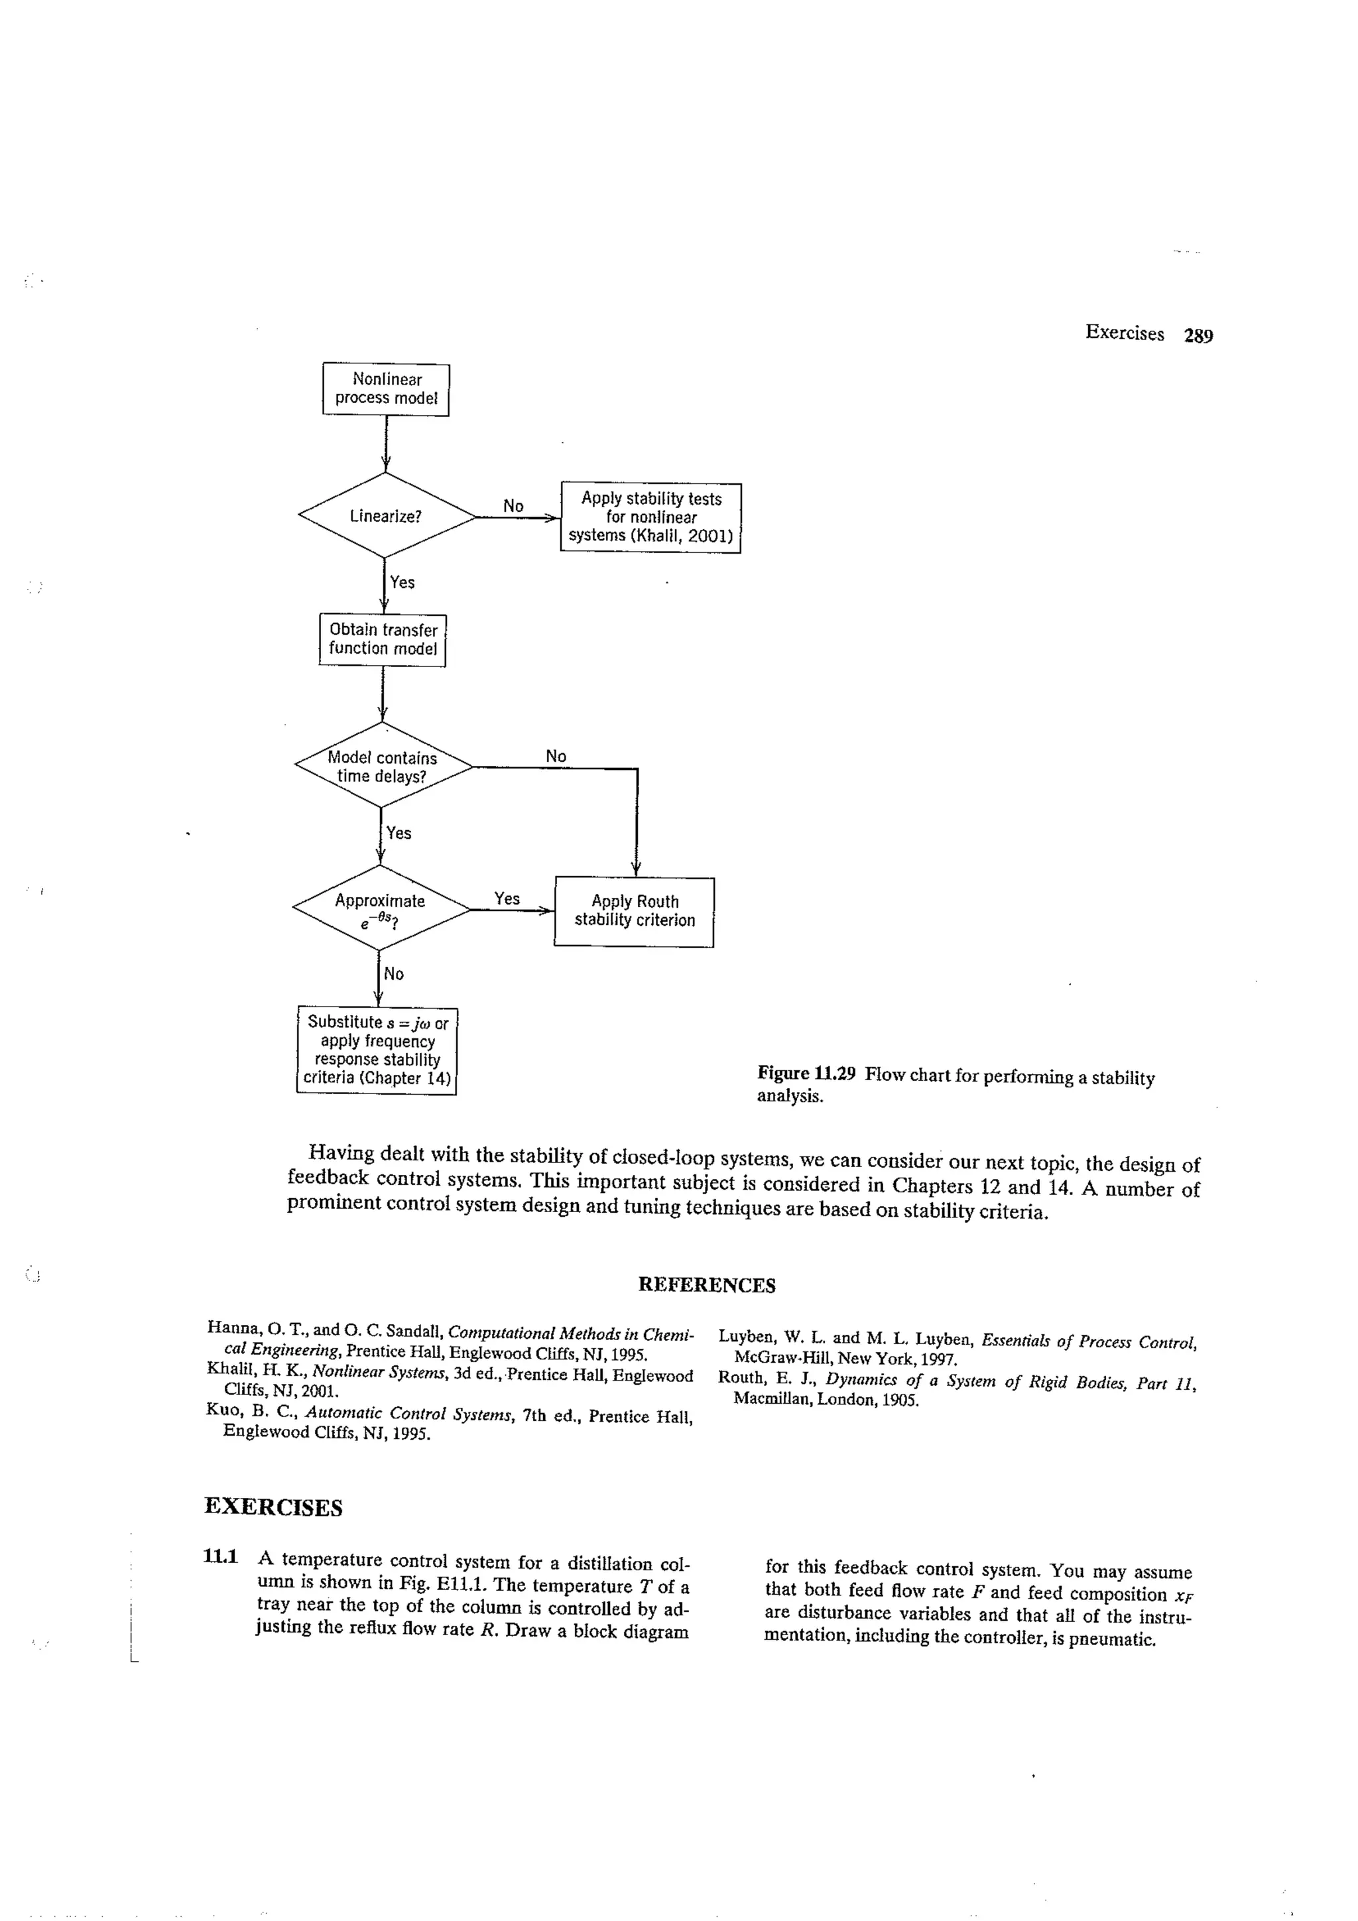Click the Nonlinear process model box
tap(386, 389)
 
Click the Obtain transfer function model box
tap(383, 639)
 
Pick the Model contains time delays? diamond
tap(383, 767)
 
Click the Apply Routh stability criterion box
tap(634, 911)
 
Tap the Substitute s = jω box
tap(377, 1050)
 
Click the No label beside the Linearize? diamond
tap(513, 505)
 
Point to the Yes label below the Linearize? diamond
tap(402, 582)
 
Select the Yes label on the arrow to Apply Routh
tap(506, 899)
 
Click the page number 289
tap(1198, 336)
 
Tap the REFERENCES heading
tap(706, 1284)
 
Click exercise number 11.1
tap(220, 1556)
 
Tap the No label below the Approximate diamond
tap(393, 974)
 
